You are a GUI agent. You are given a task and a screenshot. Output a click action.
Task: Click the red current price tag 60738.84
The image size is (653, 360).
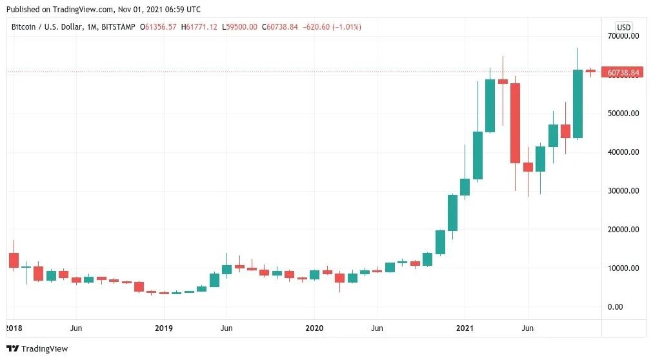623,72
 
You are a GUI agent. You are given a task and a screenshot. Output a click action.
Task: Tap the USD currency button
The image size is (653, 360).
623,27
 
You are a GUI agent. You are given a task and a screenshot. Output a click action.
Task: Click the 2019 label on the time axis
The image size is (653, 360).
164,328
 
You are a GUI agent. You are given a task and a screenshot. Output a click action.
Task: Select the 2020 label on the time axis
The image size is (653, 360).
314,328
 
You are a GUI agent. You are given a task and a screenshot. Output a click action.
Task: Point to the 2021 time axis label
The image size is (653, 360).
465,328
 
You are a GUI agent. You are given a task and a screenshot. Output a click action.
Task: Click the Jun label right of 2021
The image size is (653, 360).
527,328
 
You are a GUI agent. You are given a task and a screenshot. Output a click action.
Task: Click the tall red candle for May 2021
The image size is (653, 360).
515,123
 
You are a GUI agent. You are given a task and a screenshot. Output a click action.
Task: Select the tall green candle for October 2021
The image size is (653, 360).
578,103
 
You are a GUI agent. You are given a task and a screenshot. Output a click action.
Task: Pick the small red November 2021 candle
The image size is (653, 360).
590,71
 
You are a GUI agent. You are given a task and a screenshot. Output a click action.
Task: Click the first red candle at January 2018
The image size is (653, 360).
14,260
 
